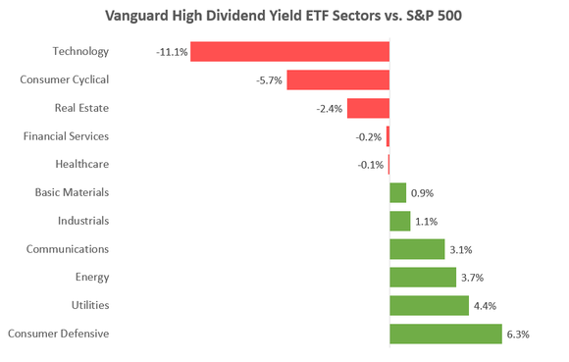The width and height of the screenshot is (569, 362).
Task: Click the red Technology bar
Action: coord(289,51)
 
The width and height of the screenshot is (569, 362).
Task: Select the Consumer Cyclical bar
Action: coord(337,79)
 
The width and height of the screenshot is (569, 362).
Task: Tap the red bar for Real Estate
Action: coord(368,108)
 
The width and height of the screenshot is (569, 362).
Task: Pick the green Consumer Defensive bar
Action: coord(445,334)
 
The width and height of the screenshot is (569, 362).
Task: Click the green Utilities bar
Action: coord(429,305)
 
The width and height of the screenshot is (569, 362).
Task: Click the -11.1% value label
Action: coord(172,52)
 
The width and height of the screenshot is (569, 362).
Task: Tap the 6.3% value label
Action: coord(518,335)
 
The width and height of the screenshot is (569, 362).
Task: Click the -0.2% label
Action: coord(370,136)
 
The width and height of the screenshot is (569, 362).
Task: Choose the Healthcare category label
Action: coord(80,164)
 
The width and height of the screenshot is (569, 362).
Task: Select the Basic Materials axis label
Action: coord(72,193)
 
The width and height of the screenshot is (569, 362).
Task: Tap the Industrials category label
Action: coord(83,221)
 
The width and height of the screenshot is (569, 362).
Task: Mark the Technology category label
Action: coord(82,52)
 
